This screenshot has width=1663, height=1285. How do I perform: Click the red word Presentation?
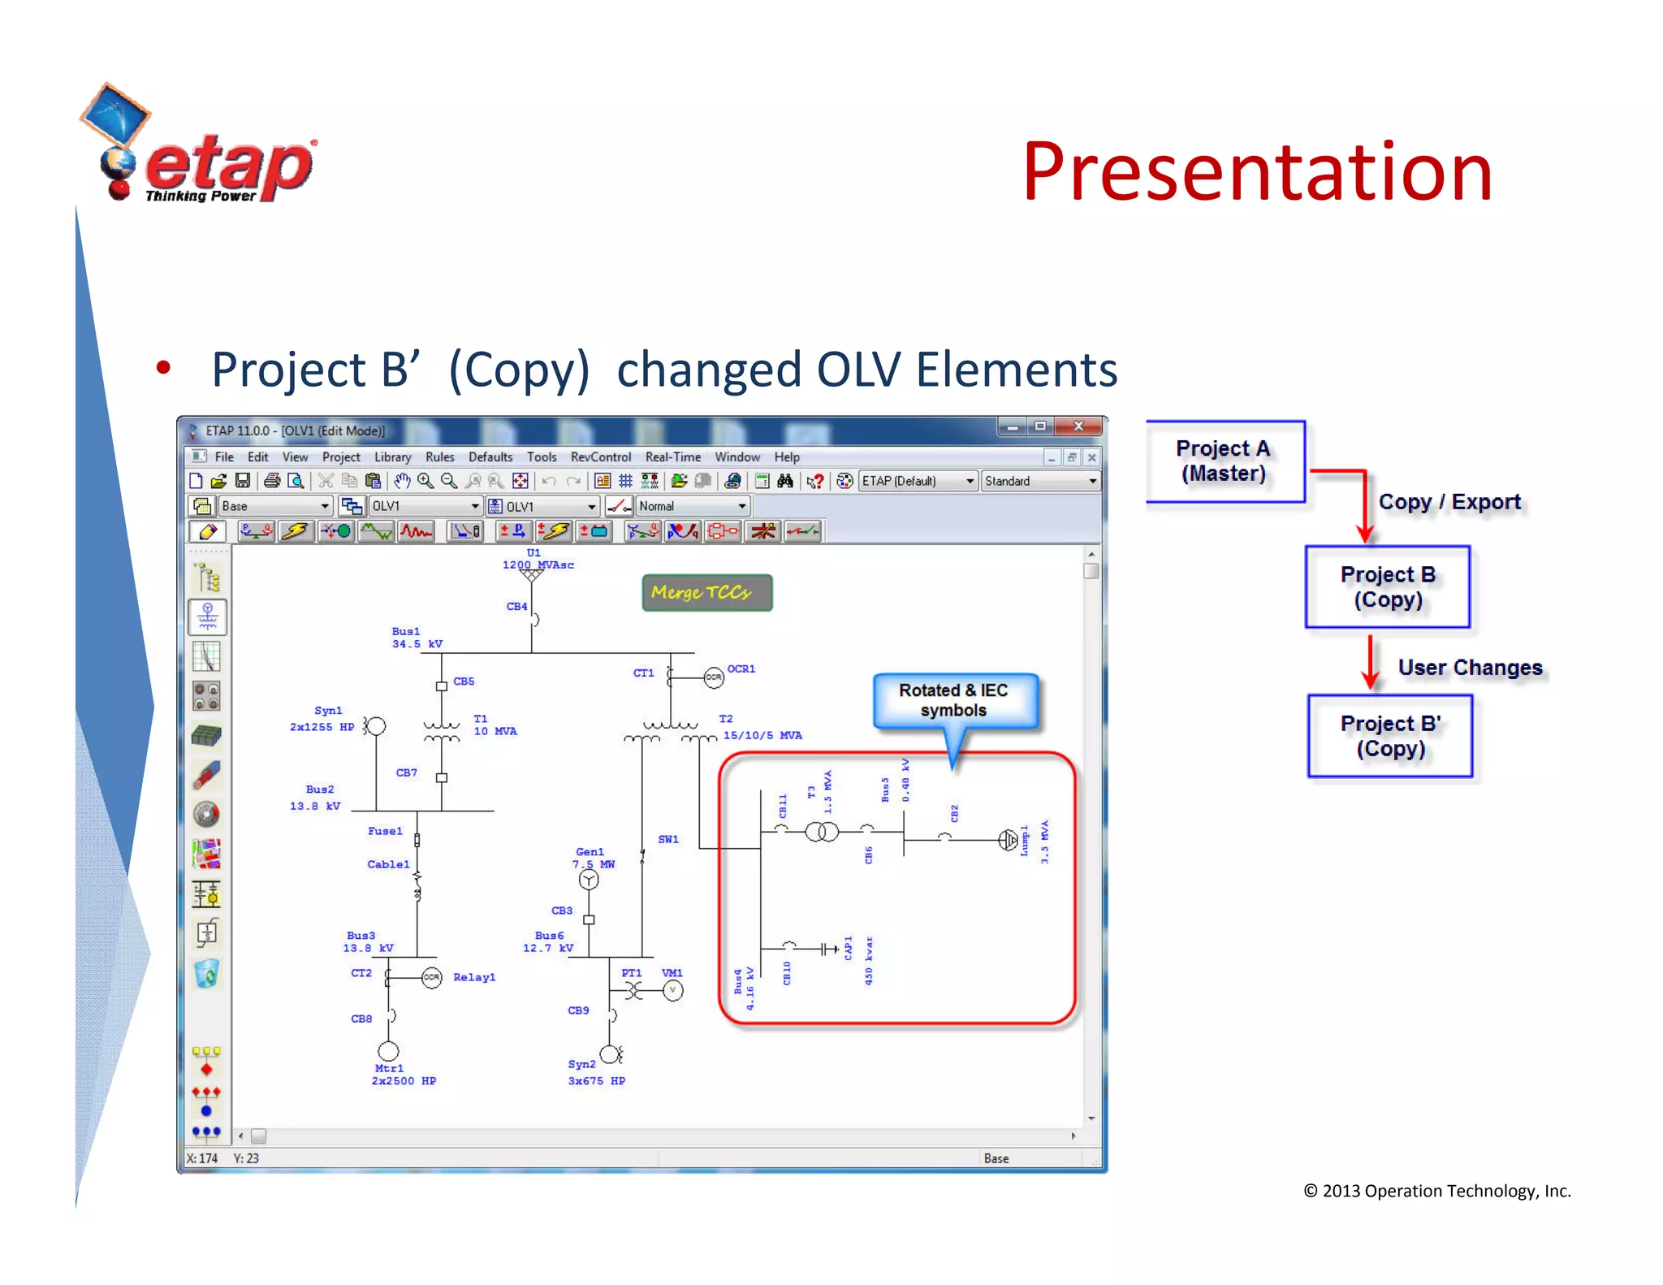pos(1256,172)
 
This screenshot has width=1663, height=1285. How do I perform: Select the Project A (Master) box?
pos(1225,461)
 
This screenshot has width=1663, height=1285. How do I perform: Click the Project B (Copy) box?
pos(1387,586)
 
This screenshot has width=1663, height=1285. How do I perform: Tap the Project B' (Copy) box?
pos(1389,736)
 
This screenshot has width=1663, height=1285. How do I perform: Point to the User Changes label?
pos(1469,668)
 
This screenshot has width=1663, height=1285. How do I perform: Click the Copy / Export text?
pos(1449,502)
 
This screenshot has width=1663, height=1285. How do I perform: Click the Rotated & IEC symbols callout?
pos(954,700)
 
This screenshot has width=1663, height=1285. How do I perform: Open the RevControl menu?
pos(600,457)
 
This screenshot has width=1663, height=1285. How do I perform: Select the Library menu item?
pos(392,457)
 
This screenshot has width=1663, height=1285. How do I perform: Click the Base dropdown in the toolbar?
pos(274,506)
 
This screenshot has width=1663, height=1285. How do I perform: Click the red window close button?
pos(1078,426)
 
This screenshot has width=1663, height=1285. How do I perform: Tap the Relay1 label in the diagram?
pos(473,977)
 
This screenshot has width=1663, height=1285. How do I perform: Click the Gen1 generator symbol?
pos(589,880)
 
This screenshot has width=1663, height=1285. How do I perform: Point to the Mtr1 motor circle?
pos(388,1051)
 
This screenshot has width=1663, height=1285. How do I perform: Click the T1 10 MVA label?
pos(494,725)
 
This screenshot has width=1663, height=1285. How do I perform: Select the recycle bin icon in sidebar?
pos(207,973)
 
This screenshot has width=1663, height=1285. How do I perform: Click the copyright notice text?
pos(1436,1191)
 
